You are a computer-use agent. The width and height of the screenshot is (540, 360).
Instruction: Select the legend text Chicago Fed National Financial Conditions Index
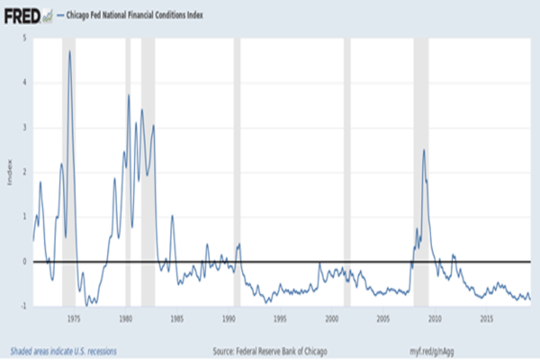(x=135, y=15)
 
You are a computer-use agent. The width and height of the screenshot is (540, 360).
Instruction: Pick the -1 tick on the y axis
(x=23, y=306)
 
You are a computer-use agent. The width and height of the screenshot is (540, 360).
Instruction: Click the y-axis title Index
(x=9, y=172)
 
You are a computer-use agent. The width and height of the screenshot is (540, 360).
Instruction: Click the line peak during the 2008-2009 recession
(x=423, y=150)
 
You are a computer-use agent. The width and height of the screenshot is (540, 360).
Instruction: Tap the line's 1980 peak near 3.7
(x=129, y=95)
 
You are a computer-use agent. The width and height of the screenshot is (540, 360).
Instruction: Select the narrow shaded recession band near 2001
(x=347, y=171)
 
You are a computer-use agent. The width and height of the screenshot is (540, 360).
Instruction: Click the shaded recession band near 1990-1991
(x=237, y=171)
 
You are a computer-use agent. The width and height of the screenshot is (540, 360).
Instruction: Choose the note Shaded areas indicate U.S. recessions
(x=63, y=351)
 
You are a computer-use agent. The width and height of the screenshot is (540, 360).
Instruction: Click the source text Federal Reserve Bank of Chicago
(x=270, y=351)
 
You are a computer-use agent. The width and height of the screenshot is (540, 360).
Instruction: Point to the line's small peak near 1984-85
(x=172, y=216)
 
